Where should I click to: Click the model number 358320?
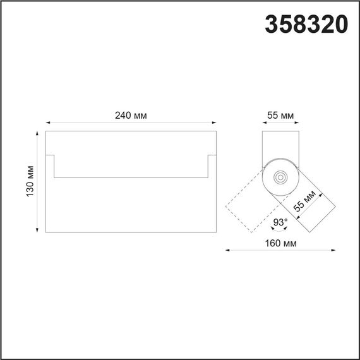coord(305,25)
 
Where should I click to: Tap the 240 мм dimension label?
coord(131,115)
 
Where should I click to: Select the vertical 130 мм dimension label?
coord(29,182)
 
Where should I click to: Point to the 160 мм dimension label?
coord(280,243)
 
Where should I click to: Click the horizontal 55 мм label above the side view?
coord(280,115)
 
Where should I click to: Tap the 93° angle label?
coord(280,222)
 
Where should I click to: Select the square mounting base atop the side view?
coord(279,141)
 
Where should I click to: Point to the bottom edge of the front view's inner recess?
coord(131,177)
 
